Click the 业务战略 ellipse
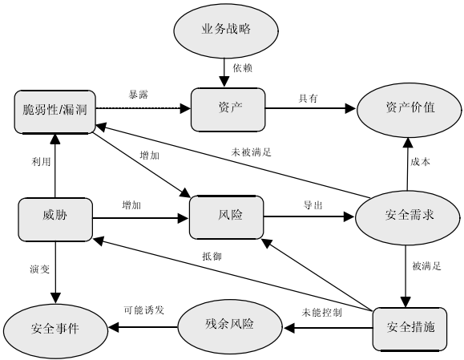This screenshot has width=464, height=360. click(226, 30)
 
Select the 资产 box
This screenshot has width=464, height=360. click(228, 110)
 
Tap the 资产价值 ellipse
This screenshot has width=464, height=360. click(410, 110)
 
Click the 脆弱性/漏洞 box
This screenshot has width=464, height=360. click(55, 112)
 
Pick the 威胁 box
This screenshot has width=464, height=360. click(55, 220)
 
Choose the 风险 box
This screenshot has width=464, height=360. click(226, 217)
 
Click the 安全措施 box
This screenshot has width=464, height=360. click(410, 330)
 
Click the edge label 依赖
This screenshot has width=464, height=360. click(242, 68)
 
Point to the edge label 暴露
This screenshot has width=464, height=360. click(138, 95)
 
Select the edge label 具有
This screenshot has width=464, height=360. click(308, 99)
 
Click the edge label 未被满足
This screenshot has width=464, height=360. click(252, 152)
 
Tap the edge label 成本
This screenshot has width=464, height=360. click(420, 162)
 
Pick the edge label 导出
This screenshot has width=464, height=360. click(313, 205)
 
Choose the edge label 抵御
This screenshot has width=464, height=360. click(212, 257)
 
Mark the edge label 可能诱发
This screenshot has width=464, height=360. click(143, 310)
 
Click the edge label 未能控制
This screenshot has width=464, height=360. click(321, 313)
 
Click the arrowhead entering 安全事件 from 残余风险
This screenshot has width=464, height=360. click(114, 327)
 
